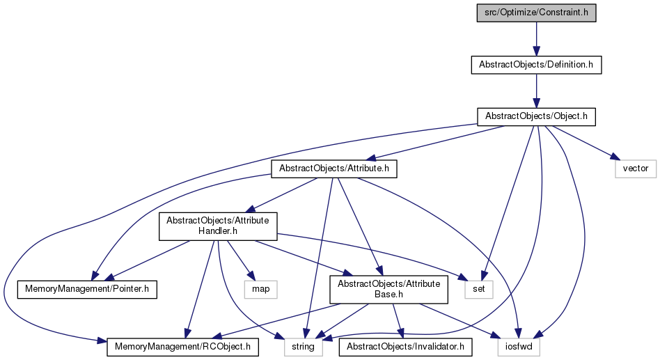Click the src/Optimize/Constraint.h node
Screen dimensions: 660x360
pos(536,13)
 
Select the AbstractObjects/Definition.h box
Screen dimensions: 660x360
pos(536,65)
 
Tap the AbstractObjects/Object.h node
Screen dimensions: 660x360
pos(536,116)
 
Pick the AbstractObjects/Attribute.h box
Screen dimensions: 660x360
pos(334,169)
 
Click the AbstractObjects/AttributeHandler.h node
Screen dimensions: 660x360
pos(218,226)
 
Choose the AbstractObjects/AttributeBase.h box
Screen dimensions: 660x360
pos(389,289)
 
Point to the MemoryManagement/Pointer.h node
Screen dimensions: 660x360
pos(87,289)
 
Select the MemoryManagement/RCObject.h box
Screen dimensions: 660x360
pos(182,347)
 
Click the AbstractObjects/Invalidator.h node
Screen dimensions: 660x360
pos(405,347)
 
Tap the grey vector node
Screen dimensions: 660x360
pos(636,169)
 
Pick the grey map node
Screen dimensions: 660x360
pos(261,289)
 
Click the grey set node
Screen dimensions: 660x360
pos(479,289)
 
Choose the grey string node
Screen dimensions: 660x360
pos(303,347)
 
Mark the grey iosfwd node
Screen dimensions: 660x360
pos(519,347)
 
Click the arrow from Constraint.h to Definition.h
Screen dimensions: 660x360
pos(536,39)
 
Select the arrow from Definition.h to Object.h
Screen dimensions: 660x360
pos(536,91)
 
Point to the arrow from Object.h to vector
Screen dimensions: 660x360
pos(585,143)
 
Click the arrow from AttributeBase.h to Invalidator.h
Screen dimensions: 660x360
pos(398,321)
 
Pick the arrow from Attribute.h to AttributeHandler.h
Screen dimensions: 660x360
pos(281,195)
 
